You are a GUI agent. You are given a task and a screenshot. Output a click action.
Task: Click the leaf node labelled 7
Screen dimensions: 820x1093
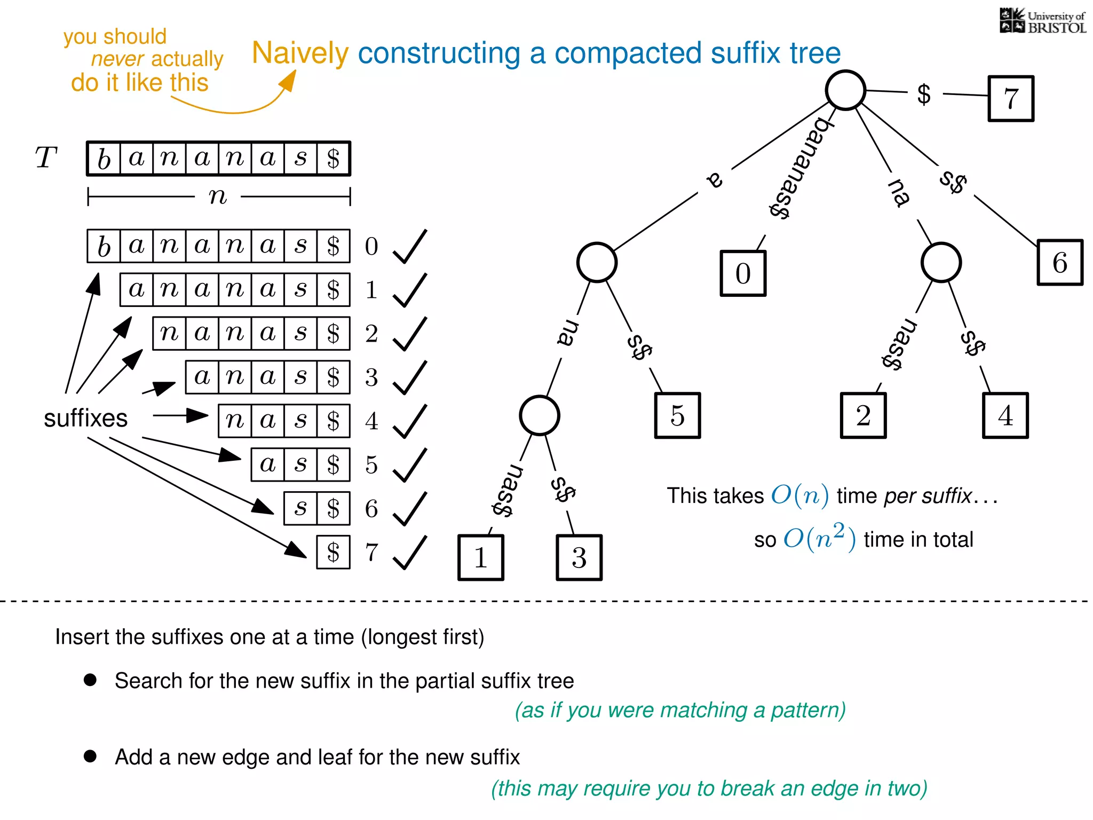pyautogui.click(x=1010, y=99)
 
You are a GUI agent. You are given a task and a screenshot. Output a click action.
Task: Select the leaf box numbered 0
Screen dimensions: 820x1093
pyautogui.click(x=742, y=273)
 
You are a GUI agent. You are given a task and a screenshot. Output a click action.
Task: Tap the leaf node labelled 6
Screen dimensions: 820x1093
pyautogui.click(x=1059, y=263)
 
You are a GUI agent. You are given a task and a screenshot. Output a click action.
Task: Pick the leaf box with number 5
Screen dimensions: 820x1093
pyautogui.click(x=677, y=415)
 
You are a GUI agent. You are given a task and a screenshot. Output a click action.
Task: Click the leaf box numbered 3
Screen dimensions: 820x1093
pyautogui.click(x=579, y=557)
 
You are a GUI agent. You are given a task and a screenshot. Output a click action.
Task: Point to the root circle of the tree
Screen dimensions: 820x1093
pyautogui.click(x=845, y=90)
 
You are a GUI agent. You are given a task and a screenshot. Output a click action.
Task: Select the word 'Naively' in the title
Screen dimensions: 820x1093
pyautogui.click(x=300, y=53)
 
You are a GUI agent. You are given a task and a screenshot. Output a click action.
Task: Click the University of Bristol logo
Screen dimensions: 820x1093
pyautogui.click(x=1042, y=21)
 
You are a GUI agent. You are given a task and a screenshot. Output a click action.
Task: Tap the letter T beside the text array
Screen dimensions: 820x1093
pyautogui.click(x=46, y=158)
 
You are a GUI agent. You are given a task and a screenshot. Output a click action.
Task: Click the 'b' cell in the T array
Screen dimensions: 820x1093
pyautogui.click(x=104, y=159)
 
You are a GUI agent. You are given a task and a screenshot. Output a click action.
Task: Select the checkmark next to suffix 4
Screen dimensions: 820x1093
pyautogui.click(x=410, y=421)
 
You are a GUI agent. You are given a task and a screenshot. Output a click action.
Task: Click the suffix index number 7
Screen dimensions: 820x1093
pyautogui.click(x=371, y=553)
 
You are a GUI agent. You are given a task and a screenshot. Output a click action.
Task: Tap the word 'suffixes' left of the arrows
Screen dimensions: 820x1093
pyautogui.click(x=85, y=418)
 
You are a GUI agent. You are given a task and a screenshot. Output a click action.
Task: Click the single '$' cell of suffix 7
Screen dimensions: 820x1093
pyautogui.click(x=333, y=553)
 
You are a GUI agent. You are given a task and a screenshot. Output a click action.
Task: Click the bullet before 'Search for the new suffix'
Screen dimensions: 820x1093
pyautogui.click(x=90, y=680)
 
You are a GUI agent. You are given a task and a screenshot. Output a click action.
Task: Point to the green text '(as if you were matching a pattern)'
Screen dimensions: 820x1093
pyautogui.click(x=680, y=710)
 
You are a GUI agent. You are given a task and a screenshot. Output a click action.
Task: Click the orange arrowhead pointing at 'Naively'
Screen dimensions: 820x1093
pyautogui.click(x=288, y=82)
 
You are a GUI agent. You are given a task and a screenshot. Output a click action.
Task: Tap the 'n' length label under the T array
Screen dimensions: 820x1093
pyautogui.click(x=218, y=196)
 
